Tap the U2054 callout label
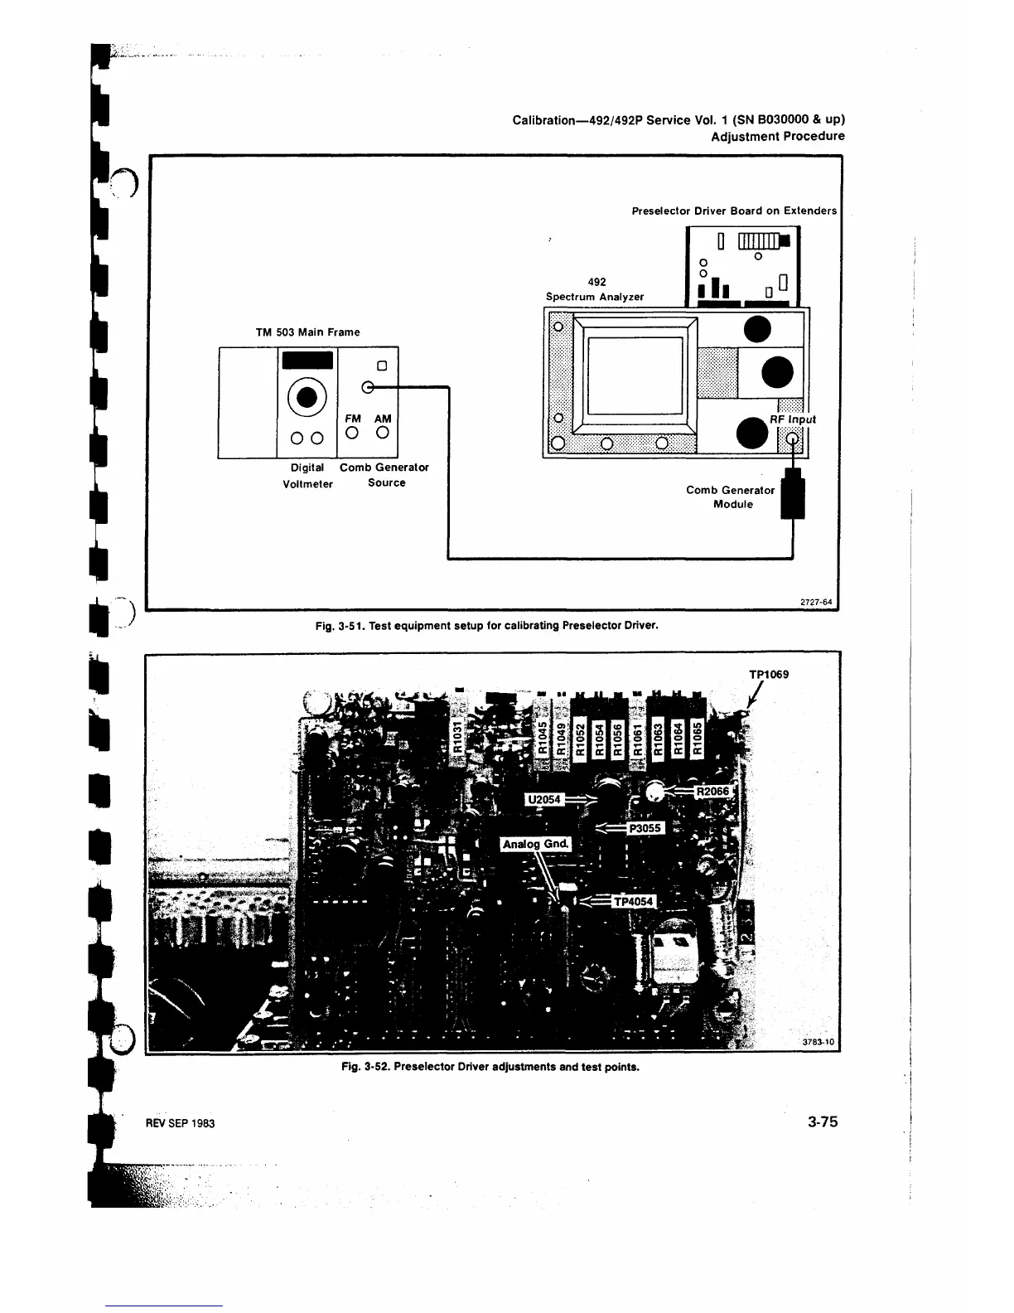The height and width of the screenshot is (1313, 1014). coord(544,799)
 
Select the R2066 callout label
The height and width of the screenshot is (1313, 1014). coord(712,792)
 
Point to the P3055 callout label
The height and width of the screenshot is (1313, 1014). coord(643,827)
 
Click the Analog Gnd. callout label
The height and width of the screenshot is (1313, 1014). coord(536,844)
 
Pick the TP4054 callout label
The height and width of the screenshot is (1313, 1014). coord(634,902)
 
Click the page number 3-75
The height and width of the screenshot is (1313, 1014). coord(823,1122)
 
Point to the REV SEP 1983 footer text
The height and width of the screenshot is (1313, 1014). coord(181,1123)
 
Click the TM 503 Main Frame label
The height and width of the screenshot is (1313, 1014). coord(307,332)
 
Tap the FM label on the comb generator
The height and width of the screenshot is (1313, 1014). coord(353,419)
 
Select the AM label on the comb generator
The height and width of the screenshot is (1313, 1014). coord(382,419)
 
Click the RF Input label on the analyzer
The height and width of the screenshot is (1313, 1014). coord(793,419)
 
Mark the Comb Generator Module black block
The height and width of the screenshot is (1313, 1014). coord(794,494)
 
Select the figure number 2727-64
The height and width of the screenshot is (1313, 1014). coord(815,603)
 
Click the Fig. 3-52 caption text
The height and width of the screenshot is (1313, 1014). coord(490,1067)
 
